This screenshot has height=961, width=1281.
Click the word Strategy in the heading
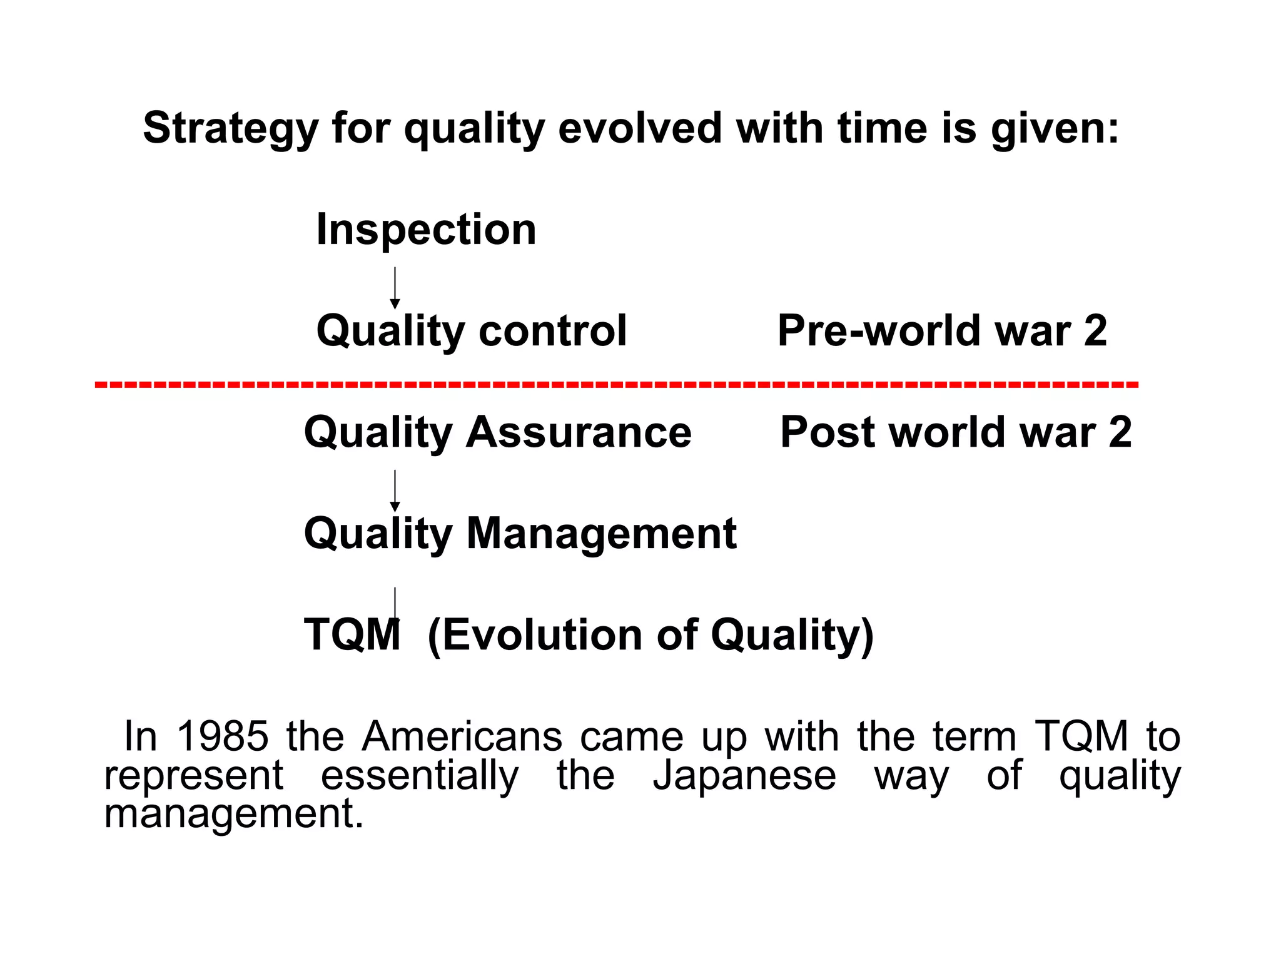click(x=231, y=129)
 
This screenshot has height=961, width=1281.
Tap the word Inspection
click(x=426, y=230)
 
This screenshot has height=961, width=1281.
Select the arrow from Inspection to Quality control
click(x=395, y=288)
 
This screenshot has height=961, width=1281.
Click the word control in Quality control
click(x=552, y=331)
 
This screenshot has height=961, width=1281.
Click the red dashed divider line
click(x=616, y=384)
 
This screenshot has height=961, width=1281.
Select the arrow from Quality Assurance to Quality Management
click(x=395, y=491)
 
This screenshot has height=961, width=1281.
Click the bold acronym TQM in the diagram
click(x=352, y=635)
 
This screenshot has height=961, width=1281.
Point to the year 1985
click(x=223, y=736)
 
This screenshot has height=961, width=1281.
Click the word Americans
click(x=462, y=736)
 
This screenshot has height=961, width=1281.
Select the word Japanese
click(x=744, y=775)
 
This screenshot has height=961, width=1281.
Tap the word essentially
click(x=420, y=775)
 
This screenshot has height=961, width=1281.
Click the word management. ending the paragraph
click(x=233, y=814)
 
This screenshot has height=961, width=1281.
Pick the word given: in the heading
click(x=1055, y=129)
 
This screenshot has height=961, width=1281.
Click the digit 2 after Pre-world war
click(x=1095, y=331)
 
